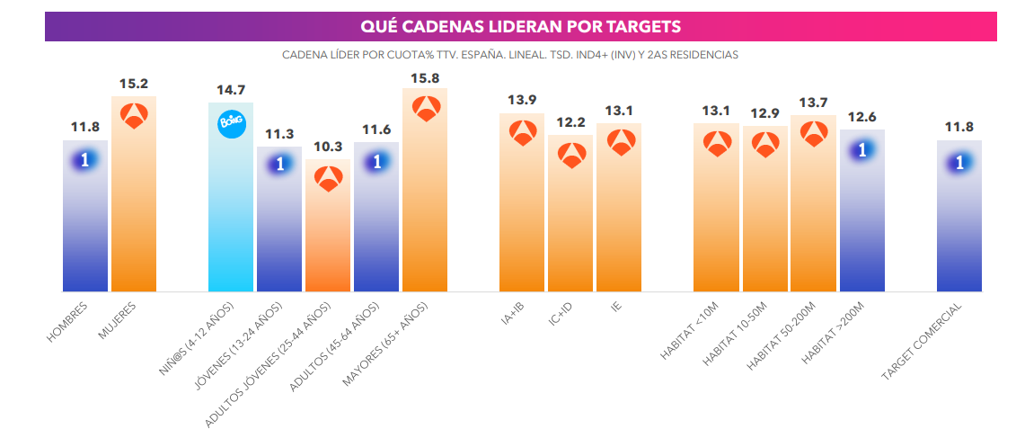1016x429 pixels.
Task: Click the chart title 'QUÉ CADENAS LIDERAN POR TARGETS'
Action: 520,26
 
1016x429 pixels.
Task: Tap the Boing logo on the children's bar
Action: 231,124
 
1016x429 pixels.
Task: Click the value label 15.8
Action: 425,78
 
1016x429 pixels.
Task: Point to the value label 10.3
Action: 328,147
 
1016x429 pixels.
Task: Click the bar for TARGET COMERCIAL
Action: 959,225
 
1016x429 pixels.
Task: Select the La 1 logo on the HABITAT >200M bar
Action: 862,150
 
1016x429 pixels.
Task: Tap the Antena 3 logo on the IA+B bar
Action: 523,133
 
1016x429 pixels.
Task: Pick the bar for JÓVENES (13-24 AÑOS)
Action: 279,225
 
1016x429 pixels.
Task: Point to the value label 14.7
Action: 231,90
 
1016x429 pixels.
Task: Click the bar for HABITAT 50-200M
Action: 814,216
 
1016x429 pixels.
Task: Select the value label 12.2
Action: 571,122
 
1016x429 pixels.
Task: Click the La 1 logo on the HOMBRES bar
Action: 85,159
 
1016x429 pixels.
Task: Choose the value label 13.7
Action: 814,103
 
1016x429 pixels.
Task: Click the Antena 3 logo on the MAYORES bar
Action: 426,107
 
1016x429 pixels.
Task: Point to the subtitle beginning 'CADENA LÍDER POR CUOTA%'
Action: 509,55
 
